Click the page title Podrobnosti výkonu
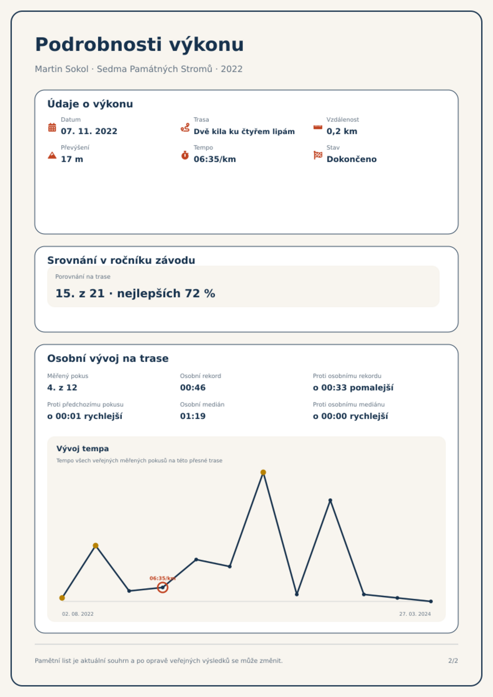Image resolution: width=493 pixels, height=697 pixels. [x=139, y=45]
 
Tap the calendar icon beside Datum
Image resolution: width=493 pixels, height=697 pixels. [x=52, y=127]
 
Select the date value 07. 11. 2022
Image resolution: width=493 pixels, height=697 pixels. [x=89, y=131]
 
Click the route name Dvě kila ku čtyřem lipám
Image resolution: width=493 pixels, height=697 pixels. [x=244, y=132]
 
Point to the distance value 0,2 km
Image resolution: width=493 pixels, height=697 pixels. [x=342, y=131]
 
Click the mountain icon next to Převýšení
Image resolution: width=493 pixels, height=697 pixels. [x=52, y=155]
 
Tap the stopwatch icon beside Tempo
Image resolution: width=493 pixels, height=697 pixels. [x=185, y=155]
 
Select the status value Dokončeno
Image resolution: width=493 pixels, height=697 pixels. [x=351, y=159]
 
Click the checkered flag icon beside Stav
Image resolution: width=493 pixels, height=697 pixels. [x=318, y=155]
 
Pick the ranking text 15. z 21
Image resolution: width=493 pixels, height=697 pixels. [x=80, y=294]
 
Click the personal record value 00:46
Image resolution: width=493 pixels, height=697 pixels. [x=193, y=388]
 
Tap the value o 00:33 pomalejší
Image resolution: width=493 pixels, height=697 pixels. [x=353, y=388]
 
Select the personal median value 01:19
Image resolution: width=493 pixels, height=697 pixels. [x=193, y=416]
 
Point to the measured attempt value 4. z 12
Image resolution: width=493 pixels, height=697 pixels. [x=62, y=388]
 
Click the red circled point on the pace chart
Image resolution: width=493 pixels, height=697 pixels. [x=162, y=587]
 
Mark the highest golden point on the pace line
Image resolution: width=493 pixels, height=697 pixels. [x=263, y=472]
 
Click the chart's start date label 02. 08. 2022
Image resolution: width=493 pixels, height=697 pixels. [x=78, y=614]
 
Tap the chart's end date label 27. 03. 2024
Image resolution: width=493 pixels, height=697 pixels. [x=415, y=614]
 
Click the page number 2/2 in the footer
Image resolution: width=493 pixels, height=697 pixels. [x=453, y=661]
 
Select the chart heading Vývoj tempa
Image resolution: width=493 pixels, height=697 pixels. [x=83, y=449]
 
